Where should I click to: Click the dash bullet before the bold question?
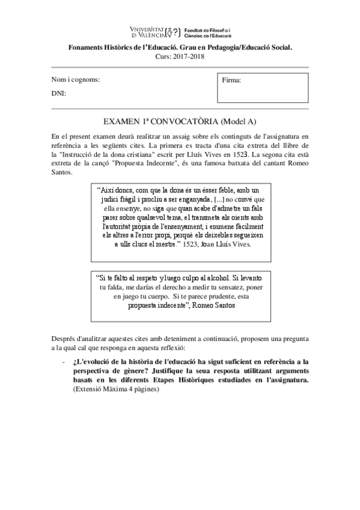[x=63, y=363]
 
